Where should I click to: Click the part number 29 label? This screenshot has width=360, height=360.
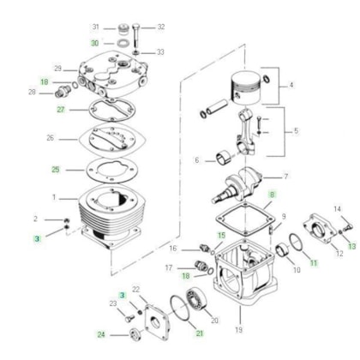pos(58,69)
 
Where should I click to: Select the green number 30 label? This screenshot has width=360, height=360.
pos(95,43)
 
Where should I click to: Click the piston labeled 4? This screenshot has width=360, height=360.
pos(245,87)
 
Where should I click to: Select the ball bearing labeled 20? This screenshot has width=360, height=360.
pos(196,300)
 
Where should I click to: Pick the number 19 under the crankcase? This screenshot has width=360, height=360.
pos(239,330)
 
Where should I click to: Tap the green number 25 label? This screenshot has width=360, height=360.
pos(56,170)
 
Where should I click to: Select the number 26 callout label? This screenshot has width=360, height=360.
pos(51,138)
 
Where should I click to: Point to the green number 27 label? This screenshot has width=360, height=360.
pos(61,110)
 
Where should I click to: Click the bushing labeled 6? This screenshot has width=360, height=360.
pos(224,159)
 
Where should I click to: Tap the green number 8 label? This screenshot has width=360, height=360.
pos(272,195)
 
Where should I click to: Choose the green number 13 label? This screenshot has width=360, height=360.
pos(352,246)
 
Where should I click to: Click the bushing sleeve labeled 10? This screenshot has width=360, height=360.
pos(283,251)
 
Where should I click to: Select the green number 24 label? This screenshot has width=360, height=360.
pos(101,334)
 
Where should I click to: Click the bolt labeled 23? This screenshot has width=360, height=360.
pos(130,318)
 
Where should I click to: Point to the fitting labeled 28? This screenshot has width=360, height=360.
pos(63,91)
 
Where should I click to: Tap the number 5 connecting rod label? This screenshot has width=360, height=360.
pos(296,131)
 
